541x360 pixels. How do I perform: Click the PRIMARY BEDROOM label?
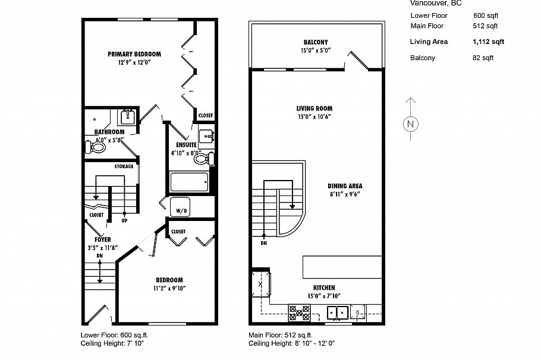tap(134, 54)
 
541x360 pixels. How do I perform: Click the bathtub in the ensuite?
tap(188, 181)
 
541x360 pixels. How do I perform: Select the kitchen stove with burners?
tap(298, 312)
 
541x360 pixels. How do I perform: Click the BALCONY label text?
tap(315, 42)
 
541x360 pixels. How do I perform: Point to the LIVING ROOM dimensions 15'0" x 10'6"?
tap(314, 117)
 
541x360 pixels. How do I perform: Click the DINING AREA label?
tap(344, 185)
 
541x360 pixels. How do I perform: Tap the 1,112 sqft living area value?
tap(488, 42)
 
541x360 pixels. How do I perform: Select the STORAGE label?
tap(124, 166)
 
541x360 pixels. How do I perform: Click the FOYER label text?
tap(102, 239)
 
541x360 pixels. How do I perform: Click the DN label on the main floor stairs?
tap(263, 243)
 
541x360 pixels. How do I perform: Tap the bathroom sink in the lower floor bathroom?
tap(128, 115)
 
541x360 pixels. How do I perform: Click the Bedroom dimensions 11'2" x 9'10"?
tap(169, 289)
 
